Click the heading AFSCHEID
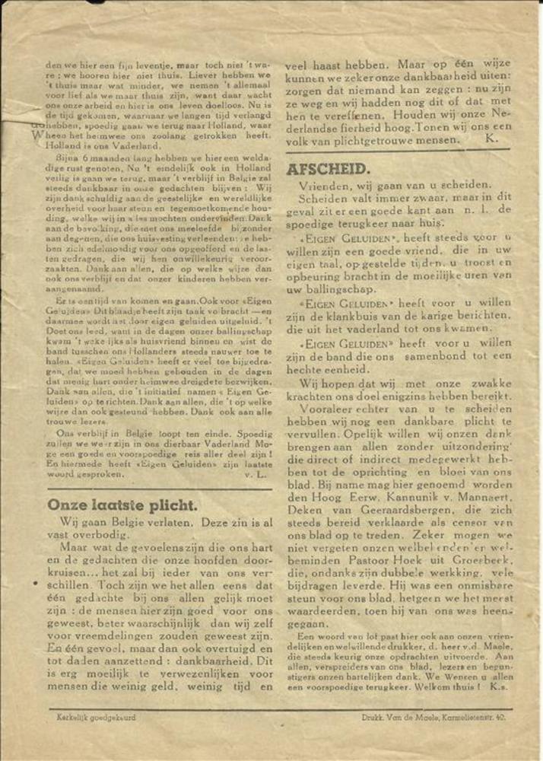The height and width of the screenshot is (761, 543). (328, 169)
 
